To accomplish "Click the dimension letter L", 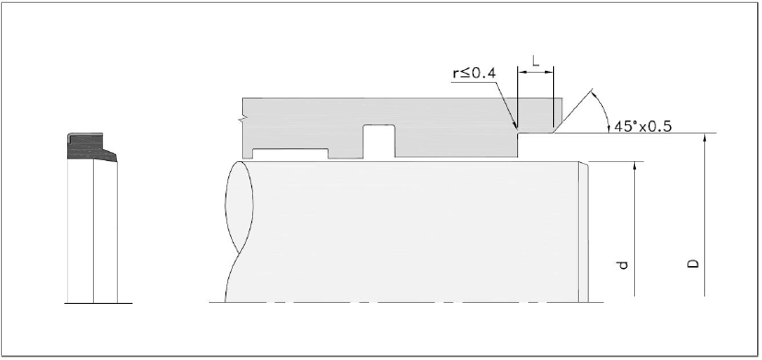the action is tap(536, 62).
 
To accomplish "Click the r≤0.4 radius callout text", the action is tap(474, 73).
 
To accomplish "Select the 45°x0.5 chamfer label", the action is tap(643, 126).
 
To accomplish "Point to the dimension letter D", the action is tap(694, 263).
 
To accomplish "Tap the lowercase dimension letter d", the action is tap(622, 265).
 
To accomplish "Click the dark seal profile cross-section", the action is tap(91, 147).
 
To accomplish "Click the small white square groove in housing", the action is tap(379, 142).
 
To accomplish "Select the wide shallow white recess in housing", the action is tap(290, 154).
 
